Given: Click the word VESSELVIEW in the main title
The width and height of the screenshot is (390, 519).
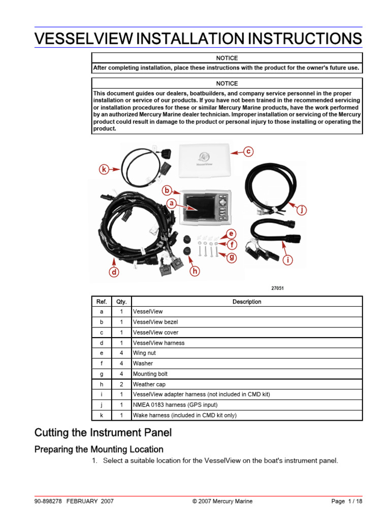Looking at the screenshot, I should pyautogui.click(x=81, y=39).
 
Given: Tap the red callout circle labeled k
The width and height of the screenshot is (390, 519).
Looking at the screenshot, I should pyautogui.click(x=104, y=169).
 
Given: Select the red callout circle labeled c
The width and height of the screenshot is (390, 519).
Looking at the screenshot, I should pyautogui.click(x=248, y=151).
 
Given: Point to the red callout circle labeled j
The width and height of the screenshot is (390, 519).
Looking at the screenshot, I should pyautogui.click(x=302, y=210).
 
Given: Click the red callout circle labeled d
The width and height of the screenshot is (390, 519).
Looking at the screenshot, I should pyautogui.click(x=114, y=272).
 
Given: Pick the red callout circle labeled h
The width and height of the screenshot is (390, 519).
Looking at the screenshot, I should pyautogui.click(x=195, y=272).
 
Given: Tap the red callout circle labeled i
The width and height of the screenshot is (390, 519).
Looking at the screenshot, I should pyautogui.click(x=288, y=261).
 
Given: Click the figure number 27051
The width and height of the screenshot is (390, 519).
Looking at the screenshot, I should pyautogui.click(x=277, y=288).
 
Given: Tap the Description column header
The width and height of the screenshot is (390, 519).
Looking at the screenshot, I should pyautogui.click(x=247, y=302).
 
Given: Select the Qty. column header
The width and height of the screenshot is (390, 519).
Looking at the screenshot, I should pyautogui.click(x=121, y=302).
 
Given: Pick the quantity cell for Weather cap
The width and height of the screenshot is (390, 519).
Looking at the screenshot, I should pyautogui.click(x=121, y=384).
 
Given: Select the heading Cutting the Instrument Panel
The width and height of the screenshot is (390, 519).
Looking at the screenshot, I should pyautogui.click(x=103, y=433).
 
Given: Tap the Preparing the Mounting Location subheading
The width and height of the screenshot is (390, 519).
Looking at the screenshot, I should pyautogui.click(x=99, y=449).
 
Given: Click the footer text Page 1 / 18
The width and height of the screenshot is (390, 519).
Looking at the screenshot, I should pyautogui.click(x=347, y=501).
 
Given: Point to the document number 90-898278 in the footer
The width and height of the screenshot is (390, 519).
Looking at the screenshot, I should pyautogui.click(x=48, y=501).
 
